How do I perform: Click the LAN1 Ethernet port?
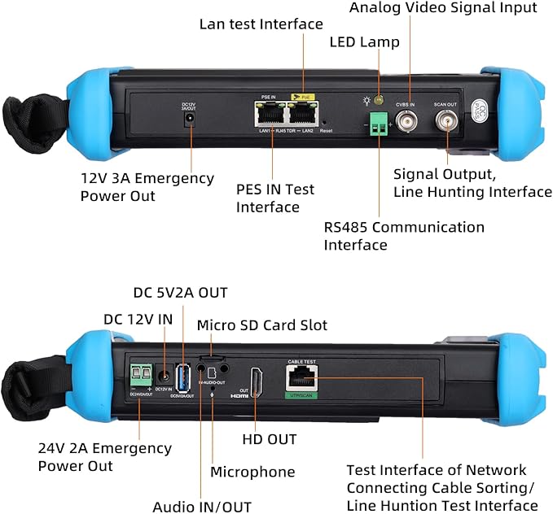click(x=268, y=115)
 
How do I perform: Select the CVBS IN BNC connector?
click(x=406, y=123)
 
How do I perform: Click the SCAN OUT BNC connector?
click(x=445, y=123)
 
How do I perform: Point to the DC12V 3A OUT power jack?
click(x=191, y=120)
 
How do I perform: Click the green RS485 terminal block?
click(x=378, y=123)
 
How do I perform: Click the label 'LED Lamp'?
click(x=364, y=41)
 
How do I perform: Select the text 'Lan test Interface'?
click(x=261, y=24)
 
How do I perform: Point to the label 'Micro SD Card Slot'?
click(x=262, y=325)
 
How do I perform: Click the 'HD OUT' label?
click(x=270, y=439)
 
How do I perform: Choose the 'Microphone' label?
click(x=252, y=472)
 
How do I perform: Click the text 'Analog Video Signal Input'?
click(x=443, y=7)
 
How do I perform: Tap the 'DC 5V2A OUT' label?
click(x=180, y=292)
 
